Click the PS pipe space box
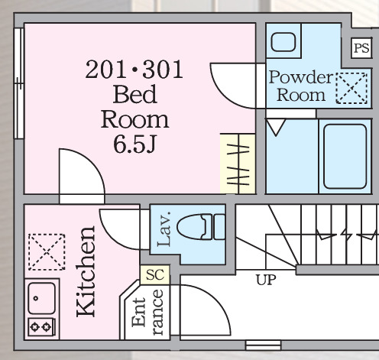point(361,48)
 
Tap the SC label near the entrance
point(155,274)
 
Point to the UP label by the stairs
point(266,280)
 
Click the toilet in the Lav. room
point(201,227)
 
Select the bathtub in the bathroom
point(345,157)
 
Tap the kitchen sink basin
point(41,298)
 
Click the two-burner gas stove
point(40,327)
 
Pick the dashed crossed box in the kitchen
point(47,251)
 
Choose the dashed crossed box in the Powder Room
point(351,88)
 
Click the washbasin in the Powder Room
point(283,42)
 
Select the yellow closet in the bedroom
point(238,164)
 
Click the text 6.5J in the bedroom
point(134,144)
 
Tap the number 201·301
point(134,70)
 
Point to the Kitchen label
point(86,271)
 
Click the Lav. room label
point(164,229)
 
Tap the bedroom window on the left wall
point(19,83)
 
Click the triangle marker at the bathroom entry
point(276,127)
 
